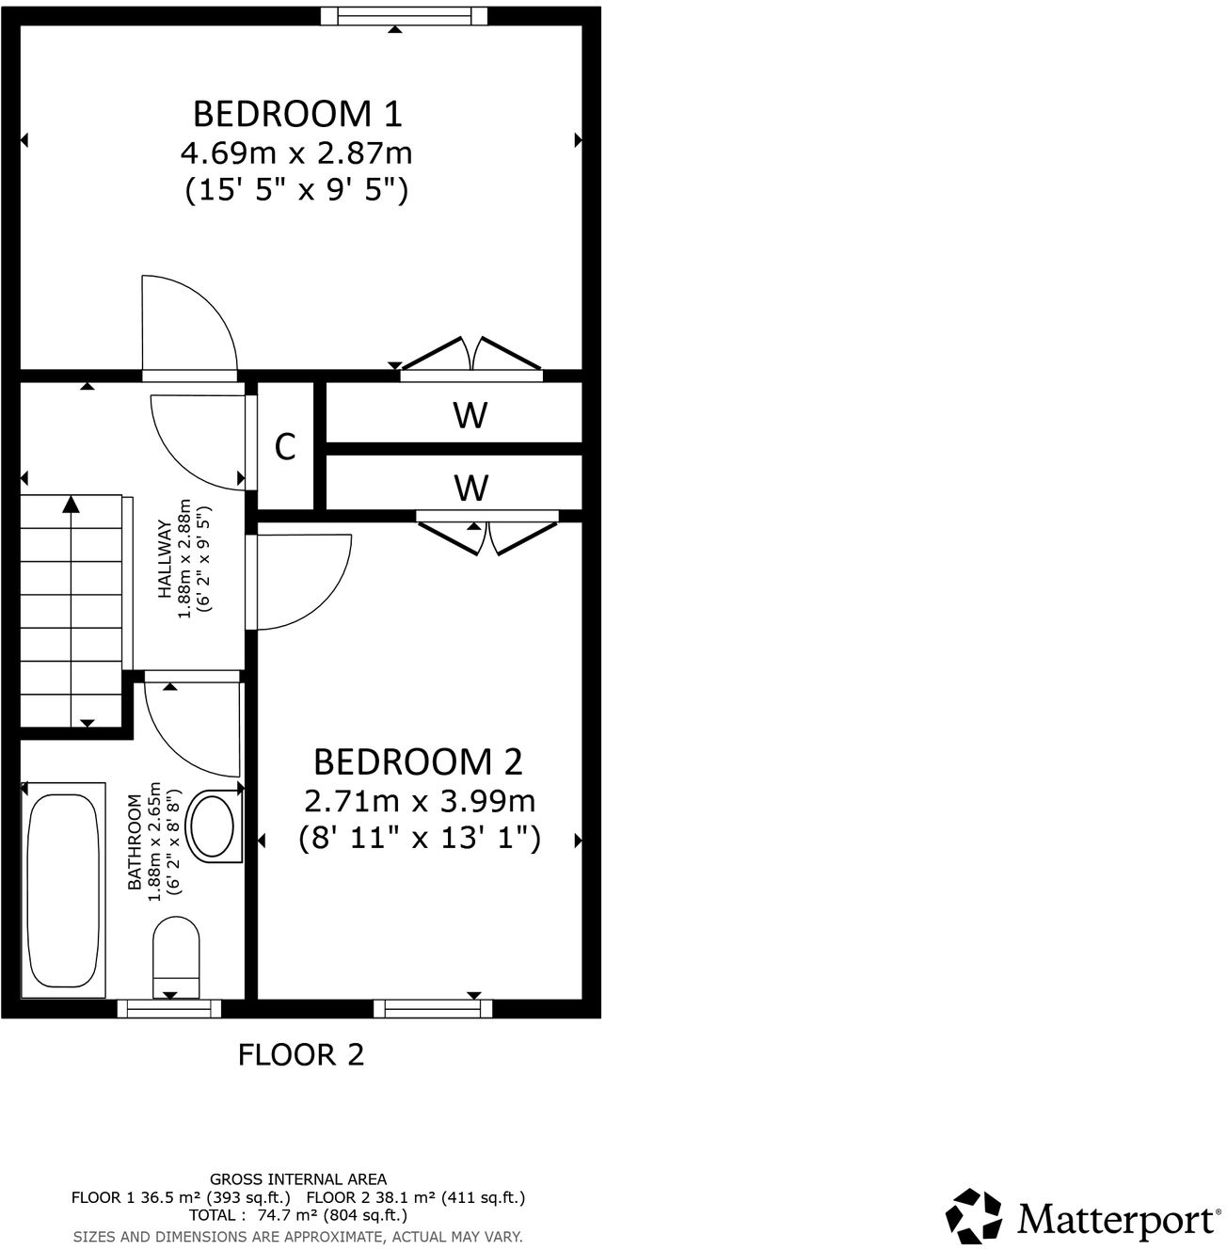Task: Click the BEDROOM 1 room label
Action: click(297, 113)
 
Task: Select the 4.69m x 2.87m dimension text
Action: click(297, 152)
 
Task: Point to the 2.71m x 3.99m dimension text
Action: click(420, 801)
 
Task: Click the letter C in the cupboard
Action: click(285, 446)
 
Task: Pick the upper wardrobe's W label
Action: click(470, 414)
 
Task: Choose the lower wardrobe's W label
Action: click(470, 488)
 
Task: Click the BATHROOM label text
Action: click(135, 842)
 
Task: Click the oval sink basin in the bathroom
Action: click(213, 825)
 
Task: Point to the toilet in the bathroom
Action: click(176, 953)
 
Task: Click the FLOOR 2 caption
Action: click(301, 1054)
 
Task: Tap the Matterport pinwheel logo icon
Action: click(975, 1215)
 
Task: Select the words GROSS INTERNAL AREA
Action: click(298, 1178)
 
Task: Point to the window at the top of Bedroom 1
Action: click(404, 16)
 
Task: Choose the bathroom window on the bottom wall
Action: click(169, 1008)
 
